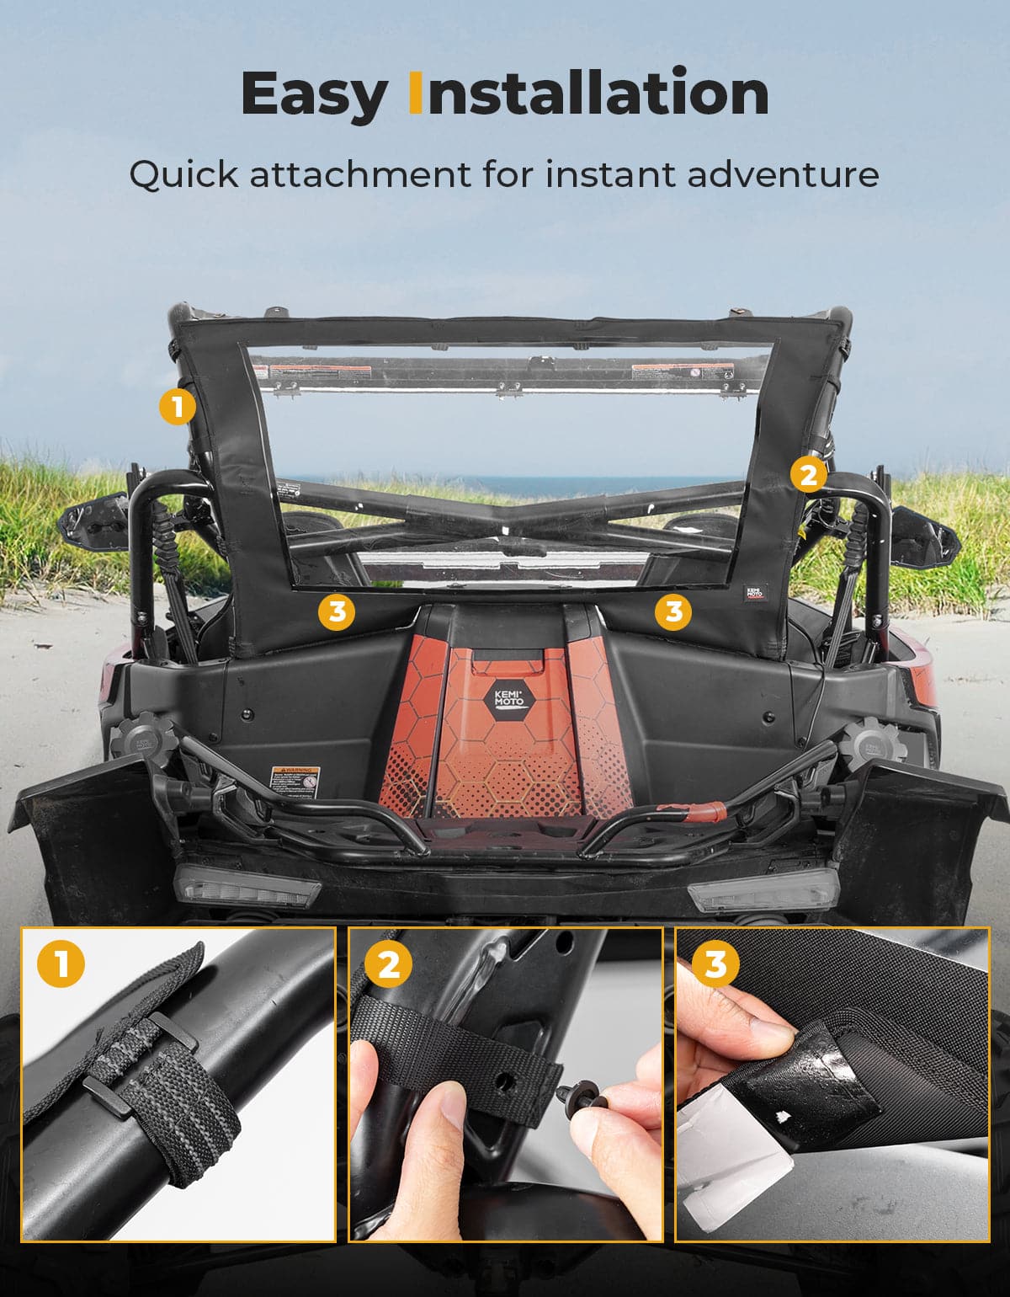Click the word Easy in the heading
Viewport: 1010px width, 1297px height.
pos(314,94)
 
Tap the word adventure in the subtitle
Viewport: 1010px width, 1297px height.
pos(783,174)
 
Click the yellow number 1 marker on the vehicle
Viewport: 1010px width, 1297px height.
pos(177,408)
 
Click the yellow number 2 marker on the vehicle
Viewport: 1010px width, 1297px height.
pos(808,475)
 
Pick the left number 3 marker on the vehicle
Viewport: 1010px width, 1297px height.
pos(337,611)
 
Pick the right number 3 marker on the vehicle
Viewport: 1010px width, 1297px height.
pos(673,611)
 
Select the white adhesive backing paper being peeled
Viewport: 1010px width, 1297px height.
pos(732,1171)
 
